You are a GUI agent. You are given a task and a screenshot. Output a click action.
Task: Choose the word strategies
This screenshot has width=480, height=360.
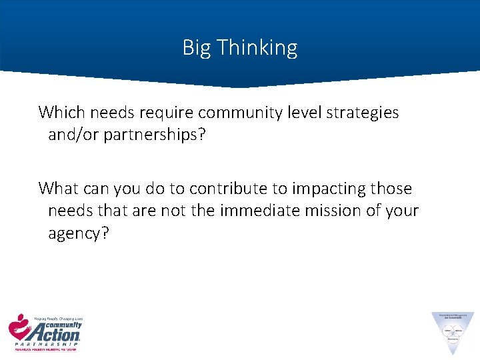[363, 112]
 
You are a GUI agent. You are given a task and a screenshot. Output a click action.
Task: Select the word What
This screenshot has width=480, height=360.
[59, 189]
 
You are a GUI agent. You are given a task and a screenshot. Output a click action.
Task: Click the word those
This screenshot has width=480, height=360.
[389, 189]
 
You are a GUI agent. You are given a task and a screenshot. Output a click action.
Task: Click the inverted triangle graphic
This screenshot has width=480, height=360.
[453, 329]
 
